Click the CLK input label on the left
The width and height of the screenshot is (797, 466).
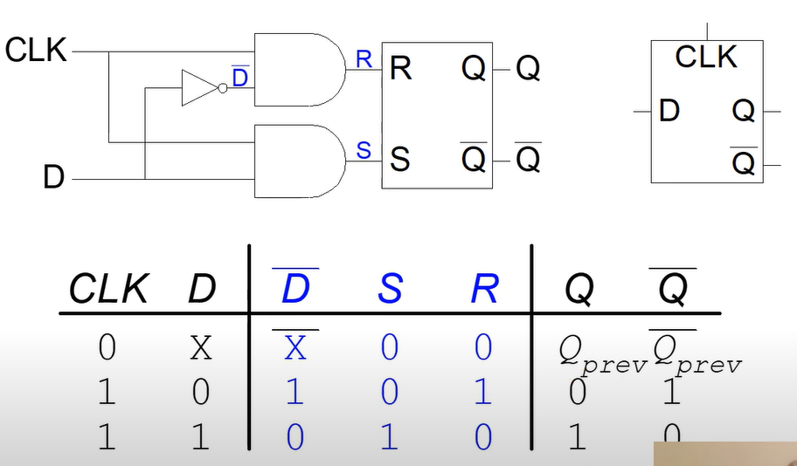point(36,50)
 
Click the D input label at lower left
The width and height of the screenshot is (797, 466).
point(54,178)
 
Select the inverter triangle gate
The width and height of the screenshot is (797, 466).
point(198,88)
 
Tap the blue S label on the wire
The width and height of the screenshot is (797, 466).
point(364,151)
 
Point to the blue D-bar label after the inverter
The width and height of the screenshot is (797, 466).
point(239,77)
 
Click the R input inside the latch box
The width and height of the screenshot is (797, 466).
point(400,68)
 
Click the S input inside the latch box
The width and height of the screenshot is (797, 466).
point(399,160)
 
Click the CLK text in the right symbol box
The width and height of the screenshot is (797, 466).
point(706,58)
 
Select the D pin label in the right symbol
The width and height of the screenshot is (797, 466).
point(669,111)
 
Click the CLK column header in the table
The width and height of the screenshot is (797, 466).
point(108,289)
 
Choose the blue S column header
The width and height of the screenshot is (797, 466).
point(390,289)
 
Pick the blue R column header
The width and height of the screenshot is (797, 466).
point(483,289)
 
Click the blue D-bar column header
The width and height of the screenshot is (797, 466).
point(295,287)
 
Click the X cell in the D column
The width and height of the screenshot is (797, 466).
point(201,348)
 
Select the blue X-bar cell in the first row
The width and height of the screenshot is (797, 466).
point(295,346)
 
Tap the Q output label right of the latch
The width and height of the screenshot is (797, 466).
point(528,68)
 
